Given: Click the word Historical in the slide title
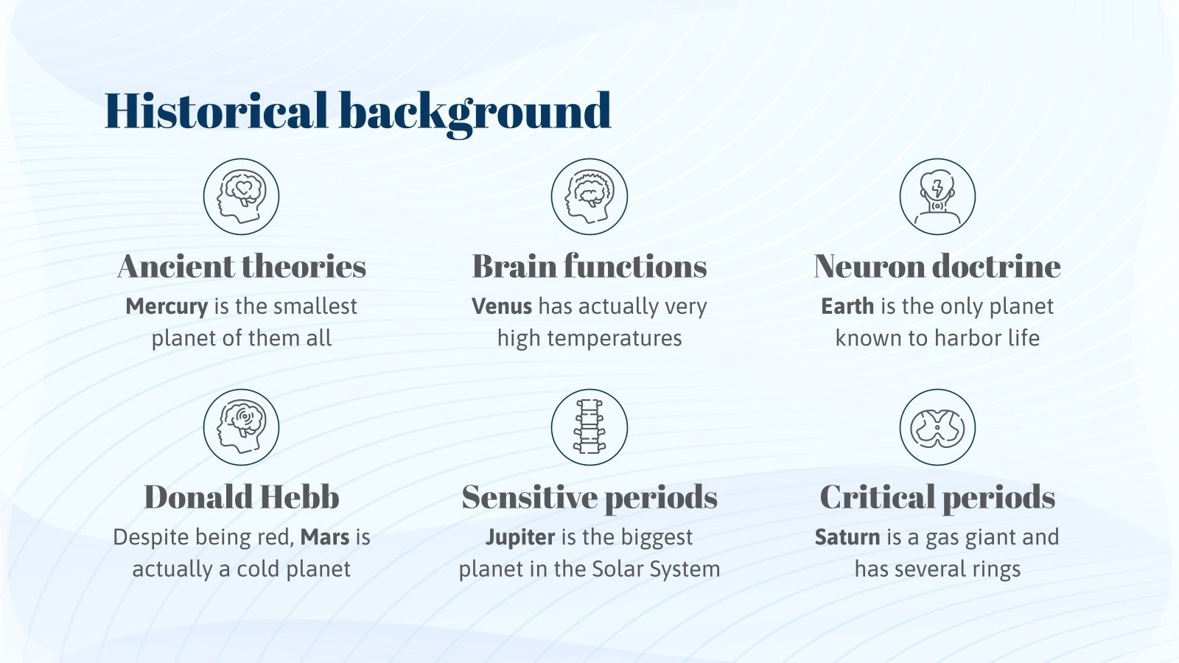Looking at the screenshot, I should click(215, 111).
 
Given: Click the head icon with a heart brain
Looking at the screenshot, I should click(241, 197).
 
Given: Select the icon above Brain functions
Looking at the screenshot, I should click(589, 197).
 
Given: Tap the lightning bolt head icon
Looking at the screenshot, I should click(937, 197).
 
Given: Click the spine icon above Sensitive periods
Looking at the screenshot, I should click(589, 427).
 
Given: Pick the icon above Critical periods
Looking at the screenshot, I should click(937, 427).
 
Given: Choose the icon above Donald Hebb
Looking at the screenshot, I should click(241, 427).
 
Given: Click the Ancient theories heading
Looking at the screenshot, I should click(242, 267).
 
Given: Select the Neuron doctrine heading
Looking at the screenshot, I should click(937, 267).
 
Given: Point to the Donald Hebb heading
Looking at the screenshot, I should click(242, 497).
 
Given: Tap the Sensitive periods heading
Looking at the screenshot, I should click(589, 497).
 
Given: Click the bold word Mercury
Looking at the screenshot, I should click(167, 306).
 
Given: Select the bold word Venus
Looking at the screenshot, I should click(502, 306).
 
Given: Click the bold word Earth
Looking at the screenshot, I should click(847, 306).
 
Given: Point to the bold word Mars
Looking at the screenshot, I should click(325, 537).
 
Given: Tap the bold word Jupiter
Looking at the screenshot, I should click(520, 537).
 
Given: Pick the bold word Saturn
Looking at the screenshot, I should click(847, 537).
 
